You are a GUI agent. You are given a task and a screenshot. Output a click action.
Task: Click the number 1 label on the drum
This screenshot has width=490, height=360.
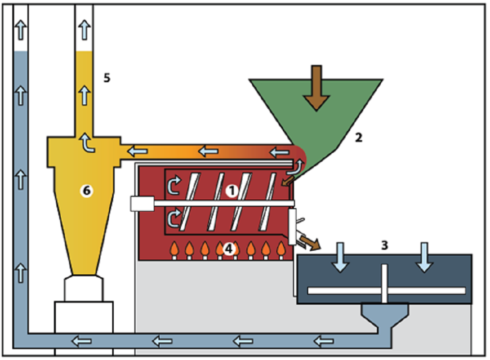(x=232, y=191)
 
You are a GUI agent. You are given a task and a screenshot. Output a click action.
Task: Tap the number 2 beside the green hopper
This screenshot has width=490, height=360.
(x=359, y=138)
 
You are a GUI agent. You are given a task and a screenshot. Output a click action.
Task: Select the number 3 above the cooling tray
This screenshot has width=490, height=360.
(x=385, y=245)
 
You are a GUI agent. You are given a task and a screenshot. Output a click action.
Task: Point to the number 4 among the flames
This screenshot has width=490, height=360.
(x=229, y=249)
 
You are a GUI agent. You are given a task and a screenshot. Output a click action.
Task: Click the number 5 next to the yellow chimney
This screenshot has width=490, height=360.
(x=107, y=78)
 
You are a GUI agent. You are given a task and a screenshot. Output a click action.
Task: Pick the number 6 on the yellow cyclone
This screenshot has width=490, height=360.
(x=87, y=191)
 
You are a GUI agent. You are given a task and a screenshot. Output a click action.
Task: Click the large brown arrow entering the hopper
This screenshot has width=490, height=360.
(x=316, y=88)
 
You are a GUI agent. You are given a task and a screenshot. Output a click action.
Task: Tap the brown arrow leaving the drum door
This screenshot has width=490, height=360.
(x=310, y=243)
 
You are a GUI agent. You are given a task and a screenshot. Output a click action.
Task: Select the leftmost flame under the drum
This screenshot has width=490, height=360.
(x=174, y=250)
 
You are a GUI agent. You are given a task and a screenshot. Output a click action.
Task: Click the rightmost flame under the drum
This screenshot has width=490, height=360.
(x=281, y=250)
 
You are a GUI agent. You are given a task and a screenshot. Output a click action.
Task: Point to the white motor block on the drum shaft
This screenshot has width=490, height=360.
(x=142, y=203)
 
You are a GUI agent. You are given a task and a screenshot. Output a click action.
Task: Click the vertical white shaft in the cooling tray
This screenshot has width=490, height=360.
(x=384, y=284)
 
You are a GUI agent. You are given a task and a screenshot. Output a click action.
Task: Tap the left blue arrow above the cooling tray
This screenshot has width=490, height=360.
(x=340, y=257)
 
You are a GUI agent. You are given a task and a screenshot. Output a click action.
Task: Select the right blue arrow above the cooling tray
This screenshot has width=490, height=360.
(x=424, y=257)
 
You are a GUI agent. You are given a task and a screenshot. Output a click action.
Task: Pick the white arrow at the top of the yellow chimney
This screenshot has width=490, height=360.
(x=84, y=30)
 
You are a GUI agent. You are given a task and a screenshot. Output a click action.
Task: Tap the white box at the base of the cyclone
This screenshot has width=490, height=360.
(x=84, y=317)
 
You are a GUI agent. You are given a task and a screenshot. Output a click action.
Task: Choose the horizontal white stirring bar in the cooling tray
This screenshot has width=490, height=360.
(x=387, y=290)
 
